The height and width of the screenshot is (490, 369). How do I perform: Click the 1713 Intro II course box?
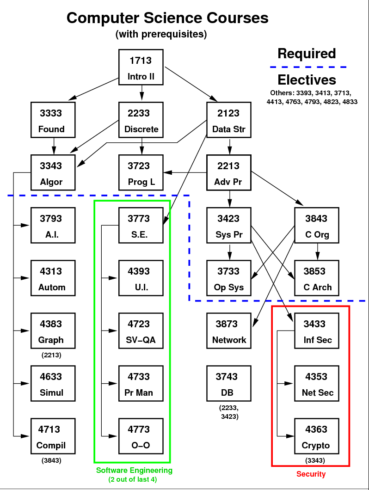(x=141, y=68)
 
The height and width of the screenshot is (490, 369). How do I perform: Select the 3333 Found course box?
(x=51, y=121)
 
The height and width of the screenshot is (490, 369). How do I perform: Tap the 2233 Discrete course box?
(x=141, y=121)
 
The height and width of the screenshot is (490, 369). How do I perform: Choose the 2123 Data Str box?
(x=229, y=121)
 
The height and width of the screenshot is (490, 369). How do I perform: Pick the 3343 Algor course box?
(x=51, y=173)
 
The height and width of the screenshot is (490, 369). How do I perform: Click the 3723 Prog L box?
(x=141, y=173)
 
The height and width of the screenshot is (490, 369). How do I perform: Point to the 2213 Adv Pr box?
(x=229, y=173)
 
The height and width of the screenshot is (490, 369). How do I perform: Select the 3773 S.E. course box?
(x=141, y=226)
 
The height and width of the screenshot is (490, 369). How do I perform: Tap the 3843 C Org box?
(x=317, y=226)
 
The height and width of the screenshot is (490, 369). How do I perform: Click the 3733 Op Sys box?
(x=229, y=279)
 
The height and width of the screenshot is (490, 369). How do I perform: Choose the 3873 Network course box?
(x=229, y=331)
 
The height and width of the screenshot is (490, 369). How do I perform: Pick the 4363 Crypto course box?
(x=317, y=437)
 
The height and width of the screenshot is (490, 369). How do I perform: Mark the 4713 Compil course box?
(x=51, y=437)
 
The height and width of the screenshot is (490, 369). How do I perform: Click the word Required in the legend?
(x=307, y=54)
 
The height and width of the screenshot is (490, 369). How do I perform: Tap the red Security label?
(x=311, y=474)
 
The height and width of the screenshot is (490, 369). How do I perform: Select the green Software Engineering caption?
(x=134, y=471)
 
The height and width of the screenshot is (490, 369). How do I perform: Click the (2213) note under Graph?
(x=51, y=355)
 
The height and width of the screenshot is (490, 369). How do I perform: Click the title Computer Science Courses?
(x=167, y=18)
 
